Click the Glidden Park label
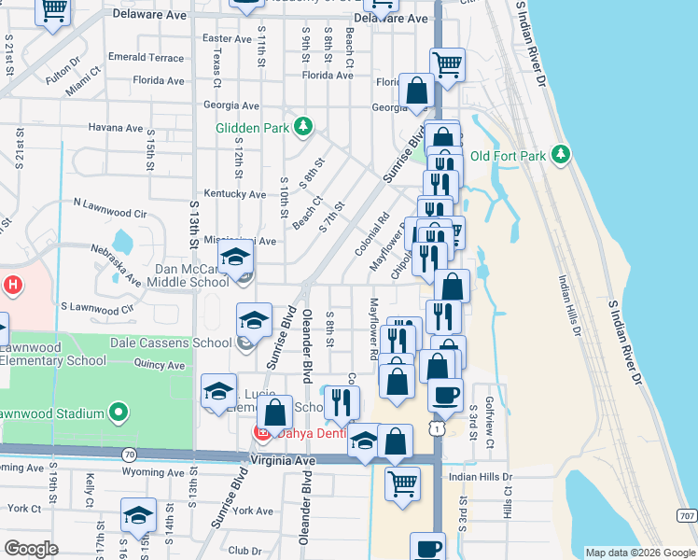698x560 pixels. click(251, 128)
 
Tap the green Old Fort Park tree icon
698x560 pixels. click(560, 154)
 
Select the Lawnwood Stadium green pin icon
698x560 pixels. click(119, 412)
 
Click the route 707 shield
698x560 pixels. click(686, 515)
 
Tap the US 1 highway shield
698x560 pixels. click(438, 427)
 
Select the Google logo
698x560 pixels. click(31, 549)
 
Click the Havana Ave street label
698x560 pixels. click(115, 127)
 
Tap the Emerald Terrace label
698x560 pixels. click(146, 57)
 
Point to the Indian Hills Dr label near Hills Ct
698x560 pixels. click(481, 477)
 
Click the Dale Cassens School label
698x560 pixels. click(171, 343)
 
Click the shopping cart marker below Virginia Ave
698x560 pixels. click(402, 483)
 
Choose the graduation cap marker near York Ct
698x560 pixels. click(138, 515)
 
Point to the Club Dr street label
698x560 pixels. click(245, 551)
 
